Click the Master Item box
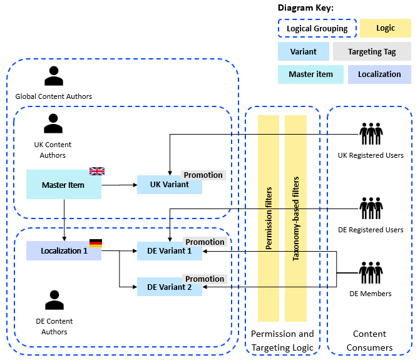pos(63,185)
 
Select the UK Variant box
pos(169,185)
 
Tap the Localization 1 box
pos(63,251)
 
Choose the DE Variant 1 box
pos(169,252)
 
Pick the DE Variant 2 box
pos(169,287)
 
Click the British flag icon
pos(97,171)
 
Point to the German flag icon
pos(96,243)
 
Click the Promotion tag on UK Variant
pos(203,175)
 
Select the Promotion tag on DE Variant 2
pos(205,279)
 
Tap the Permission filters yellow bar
pos(269,218)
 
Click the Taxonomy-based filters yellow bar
pos(296,218)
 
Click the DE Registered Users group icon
pos(371,208)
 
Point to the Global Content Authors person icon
pos(54,76)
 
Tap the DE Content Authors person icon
pos(54,301)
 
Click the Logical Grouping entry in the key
pos(317,29)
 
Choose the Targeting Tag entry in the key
pos(372,52)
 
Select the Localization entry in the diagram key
pos(379,74)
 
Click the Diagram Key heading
pos(305,8)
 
